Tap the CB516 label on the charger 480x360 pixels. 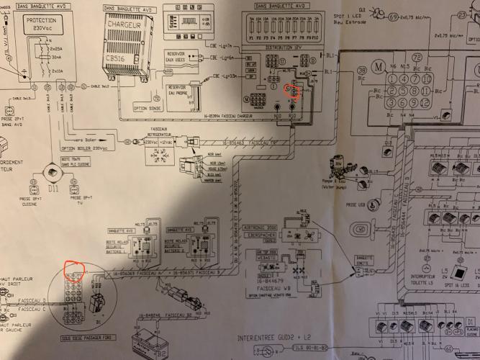tap(117, 59)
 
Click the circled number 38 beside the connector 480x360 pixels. tap(362, 70)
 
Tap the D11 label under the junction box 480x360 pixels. tap(53, 189)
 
